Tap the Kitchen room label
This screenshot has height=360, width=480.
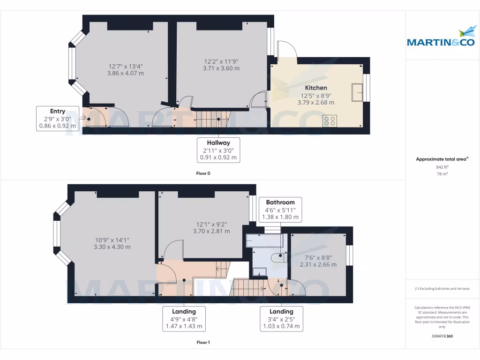pos(316,88)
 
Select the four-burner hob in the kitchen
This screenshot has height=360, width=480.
pos(329,120)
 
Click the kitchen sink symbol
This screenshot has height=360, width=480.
pos(358,92)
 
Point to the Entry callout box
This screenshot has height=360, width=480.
pos(58,119)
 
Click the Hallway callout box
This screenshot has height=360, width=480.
pos(219,150)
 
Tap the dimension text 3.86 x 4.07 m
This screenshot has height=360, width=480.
pos(126,73)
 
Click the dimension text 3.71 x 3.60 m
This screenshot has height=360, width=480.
pos(221,68)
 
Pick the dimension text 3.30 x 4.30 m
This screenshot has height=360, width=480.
pos(112,247)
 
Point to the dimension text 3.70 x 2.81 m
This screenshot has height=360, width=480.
pos(211,231)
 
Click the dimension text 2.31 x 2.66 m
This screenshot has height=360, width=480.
pos(318,264)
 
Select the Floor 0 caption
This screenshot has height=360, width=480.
pos(203,173)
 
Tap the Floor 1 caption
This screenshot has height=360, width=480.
pos(203,343)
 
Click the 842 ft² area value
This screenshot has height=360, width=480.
pos(442,167)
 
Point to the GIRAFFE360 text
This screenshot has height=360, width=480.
pos(442,336)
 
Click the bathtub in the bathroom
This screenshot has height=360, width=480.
pos(265,240)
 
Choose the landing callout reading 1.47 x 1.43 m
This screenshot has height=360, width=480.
pos(184,319)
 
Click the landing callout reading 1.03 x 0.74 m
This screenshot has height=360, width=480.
pos(281,319)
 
